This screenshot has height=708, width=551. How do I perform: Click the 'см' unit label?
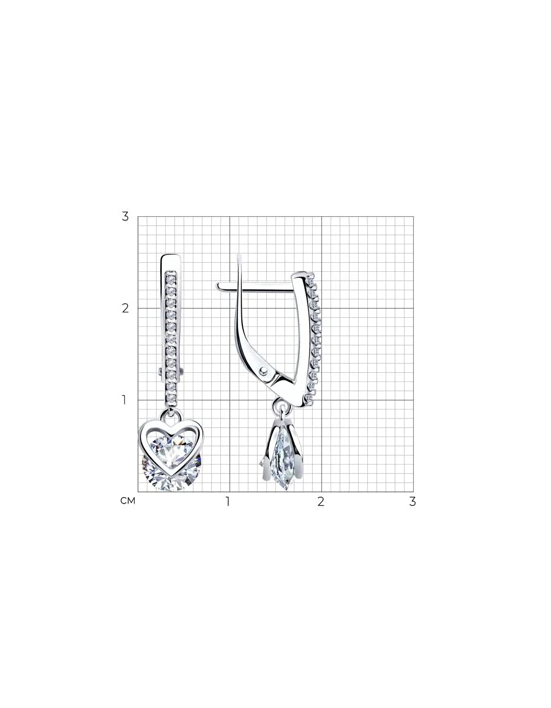pyautogui.click(x=128, y=501)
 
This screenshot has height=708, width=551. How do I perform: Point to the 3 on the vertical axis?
pyautogui.click(x=125, y=216)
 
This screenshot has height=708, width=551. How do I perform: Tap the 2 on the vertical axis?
pyautogui.click(x=125, y=308)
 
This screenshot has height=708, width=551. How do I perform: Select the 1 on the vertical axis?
pyautogui.click(x=124, y=400)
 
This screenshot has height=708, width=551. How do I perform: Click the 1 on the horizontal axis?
pyautogui.click(x=227, y=501)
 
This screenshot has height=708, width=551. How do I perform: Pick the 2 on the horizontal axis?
pyautogui.click(x=321, y=501)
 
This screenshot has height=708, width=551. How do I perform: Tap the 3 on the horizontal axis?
pyautogui.click(x=412, y=501)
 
